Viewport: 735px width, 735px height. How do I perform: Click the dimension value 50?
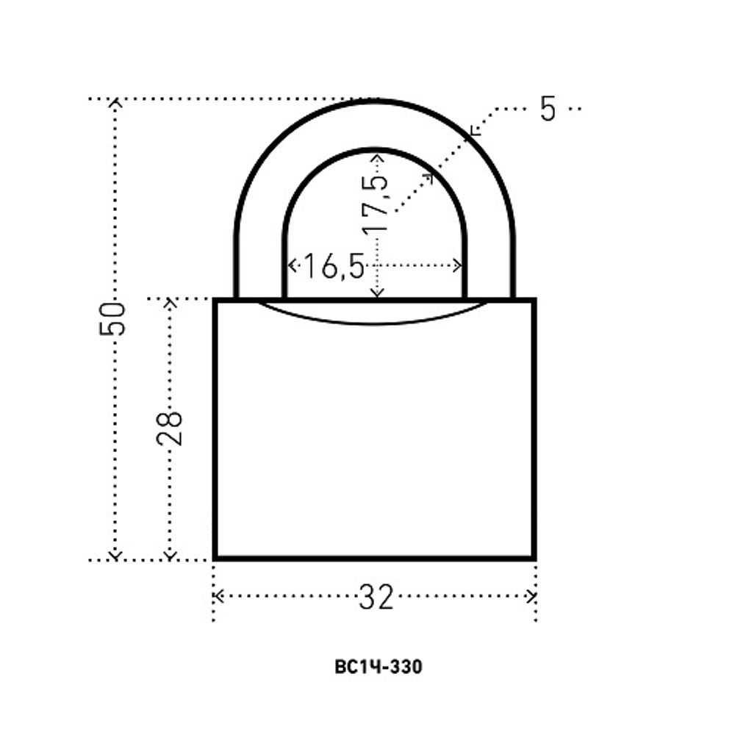pyautogui.click(x=112, y=319)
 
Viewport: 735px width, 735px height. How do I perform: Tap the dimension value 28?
pyautogui.click(x=169, y=428)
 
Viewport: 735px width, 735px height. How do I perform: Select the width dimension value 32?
pyautogui.click(x=376, y=597)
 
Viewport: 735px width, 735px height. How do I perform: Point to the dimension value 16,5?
pyautogui.click(x=334, y=266)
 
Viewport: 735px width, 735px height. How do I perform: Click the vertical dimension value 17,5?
pyautogui.click(x=376, y=204)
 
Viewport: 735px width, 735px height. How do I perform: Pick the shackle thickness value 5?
pyautogui.click(x=548, y=109)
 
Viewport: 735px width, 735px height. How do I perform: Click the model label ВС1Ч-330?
pyautogui.click(x=379, y=667)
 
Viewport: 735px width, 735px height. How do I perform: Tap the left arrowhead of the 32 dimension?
pyautogui.click(x=218, y=596)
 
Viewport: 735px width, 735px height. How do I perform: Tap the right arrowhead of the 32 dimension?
pyautogui.click(x=531, y=596)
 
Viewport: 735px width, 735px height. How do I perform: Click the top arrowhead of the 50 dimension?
pyautogui.click(x=115, y=103)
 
